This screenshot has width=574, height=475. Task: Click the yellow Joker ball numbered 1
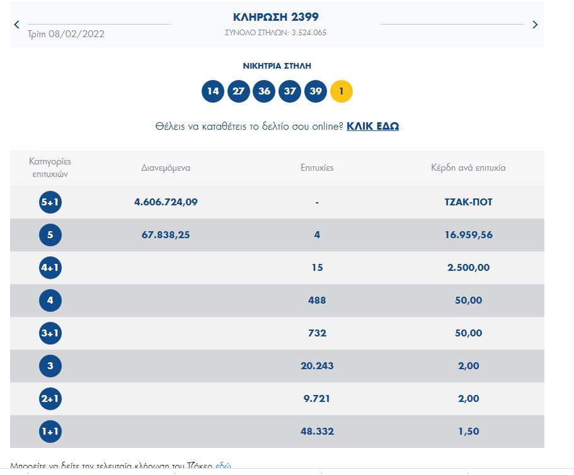341,91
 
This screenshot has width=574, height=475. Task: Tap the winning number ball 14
213,91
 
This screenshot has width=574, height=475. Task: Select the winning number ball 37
290,91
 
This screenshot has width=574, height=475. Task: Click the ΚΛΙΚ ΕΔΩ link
372,126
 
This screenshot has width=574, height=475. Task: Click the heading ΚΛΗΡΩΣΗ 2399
277,17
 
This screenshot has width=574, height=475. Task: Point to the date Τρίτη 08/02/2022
66,34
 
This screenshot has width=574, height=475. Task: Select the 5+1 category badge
50,202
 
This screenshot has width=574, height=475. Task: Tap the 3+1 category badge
50,333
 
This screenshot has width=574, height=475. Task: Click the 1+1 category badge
50,432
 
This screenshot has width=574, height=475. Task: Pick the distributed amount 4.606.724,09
166,202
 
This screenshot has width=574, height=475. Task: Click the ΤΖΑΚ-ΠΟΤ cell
468,202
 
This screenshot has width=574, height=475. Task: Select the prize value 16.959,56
468,235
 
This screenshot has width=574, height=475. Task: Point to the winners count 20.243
317,366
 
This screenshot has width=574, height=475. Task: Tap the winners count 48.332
317,432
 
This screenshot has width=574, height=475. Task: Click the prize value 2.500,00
468,268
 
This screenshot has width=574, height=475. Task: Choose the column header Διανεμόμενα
166,168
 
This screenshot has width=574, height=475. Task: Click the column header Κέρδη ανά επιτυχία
468,168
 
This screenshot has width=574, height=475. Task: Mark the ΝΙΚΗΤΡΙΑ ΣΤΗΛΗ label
277,66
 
